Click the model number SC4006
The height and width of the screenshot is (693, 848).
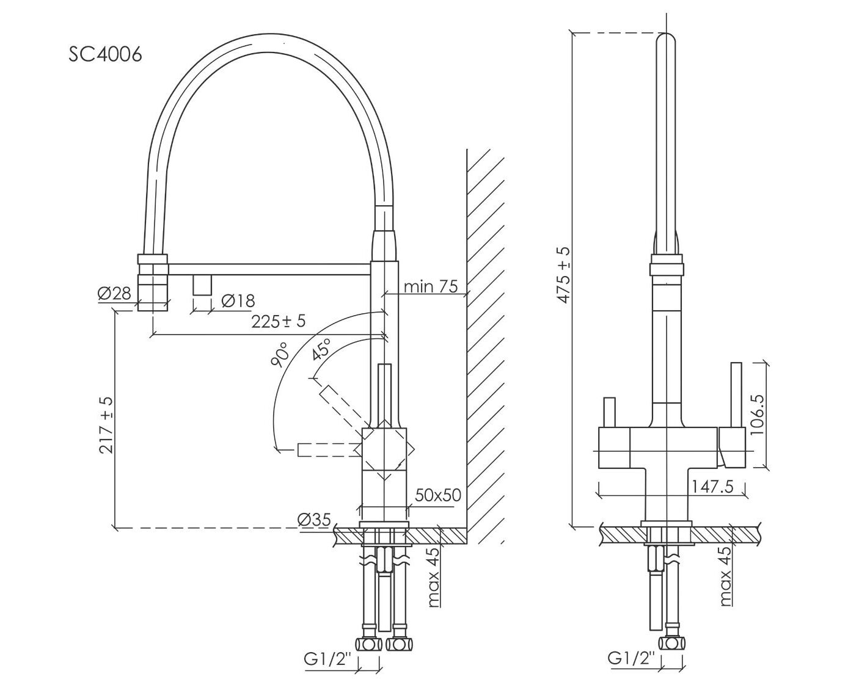point(106,54)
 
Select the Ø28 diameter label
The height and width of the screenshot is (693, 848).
point(114,294)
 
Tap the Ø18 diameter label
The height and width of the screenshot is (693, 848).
point(238,300)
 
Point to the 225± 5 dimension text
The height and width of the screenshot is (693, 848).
point(278,321)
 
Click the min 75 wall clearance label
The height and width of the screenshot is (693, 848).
point(431,286)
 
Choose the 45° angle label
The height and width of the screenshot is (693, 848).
point(321,350)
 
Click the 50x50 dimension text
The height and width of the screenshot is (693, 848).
point(437,495)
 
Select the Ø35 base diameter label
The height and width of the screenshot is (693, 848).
point(314,520)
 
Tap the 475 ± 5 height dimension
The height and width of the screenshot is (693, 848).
point(563,275)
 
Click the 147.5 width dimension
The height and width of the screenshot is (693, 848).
point(711,487)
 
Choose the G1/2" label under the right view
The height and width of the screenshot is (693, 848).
point(631,658)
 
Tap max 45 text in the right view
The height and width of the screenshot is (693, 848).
point(725,576)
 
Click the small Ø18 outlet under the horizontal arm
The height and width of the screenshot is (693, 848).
point(202,285)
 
